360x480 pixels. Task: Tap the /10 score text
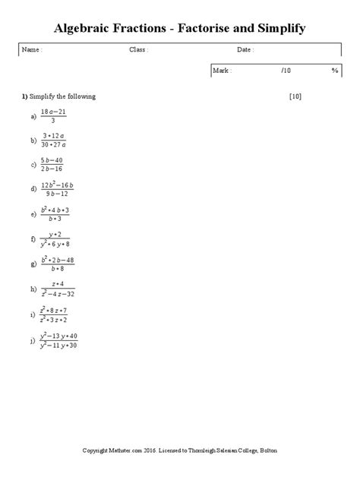285,70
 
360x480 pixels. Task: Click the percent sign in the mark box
334,70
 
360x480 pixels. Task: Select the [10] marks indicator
296,97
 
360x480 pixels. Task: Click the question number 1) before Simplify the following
24,97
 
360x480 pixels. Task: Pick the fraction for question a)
53,116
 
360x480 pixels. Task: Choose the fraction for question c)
53,163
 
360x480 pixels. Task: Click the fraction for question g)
58,264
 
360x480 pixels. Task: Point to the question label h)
33,289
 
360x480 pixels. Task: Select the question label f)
33,239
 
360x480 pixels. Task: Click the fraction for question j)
60,340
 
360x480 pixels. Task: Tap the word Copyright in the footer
99,451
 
